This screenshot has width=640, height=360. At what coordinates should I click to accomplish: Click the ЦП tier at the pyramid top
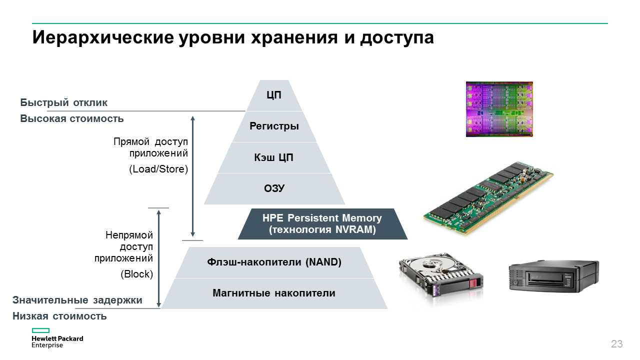(x=274, y=95)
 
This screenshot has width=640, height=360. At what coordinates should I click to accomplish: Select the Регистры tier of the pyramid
(x=274, y=126)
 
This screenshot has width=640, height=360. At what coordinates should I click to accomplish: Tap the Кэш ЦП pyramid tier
(x=274, y=158)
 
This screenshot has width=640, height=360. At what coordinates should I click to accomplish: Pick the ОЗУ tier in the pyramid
(x=274, y=188)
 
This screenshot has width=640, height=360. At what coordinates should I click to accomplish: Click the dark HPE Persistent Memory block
(x=322, y=224)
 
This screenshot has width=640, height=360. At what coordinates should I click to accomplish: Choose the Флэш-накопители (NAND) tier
(x=274, y=262)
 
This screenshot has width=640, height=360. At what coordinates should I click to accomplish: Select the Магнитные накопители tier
(x=274, y=293)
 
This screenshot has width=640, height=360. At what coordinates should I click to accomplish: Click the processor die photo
(x=499, y=109)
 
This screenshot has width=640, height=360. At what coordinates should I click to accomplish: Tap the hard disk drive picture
(x=440, y=282)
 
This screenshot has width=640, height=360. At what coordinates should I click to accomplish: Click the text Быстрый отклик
(x=64, y=103)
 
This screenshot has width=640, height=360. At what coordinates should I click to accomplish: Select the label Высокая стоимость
(x=72, y=119)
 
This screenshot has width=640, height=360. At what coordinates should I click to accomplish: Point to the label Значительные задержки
(x=77, y=300)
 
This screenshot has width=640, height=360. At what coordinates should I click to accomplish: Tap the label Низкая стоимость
(x=59, y=316)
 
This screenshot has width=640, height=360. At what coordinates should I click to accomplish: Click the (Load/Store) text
(x=158, y=169)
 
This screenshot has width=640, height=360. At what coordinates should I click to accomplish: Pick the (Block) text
(x=136, y=274)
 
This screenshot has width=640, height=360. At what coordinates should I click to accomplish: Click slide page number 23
(x=616, y=344)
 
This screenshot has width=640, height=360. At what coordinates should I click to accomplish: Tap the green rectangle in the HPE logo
(x=40, y=330)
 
